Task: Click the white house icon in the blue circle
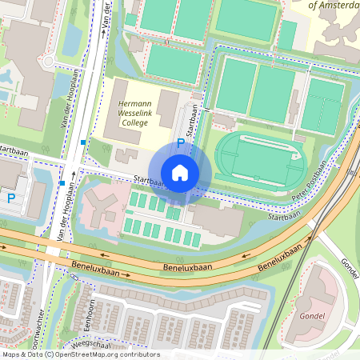tap(180, 172)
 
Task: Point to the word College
tap(134, 124)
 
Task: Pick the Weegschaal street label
tap(91, 345)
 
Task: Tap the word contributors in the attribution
tap(138, 354)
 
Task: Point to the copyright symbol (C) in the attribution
tap(49, 354)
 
